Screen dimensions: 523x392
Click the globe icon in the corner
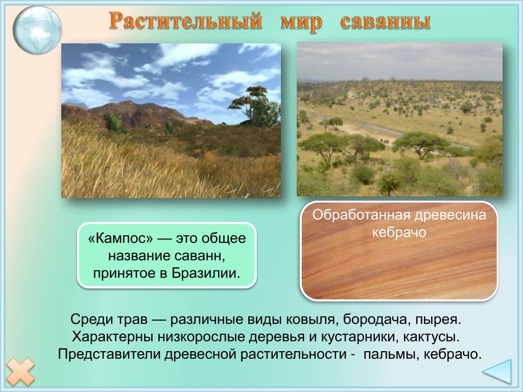tap(37, 30)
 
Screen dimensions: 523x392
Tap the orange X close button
tap(20, 372)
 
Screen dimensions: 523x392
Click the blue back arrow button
tap(497, 372)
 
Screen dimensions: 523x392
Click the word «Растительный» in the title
tap(185, 20)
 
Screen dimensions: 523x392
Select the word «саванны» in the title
tap(385, 21)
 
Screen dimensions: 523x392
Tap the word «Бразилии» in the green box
tap(206, 273)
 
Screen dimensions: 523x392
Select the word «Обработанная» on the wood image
tap(362, 215)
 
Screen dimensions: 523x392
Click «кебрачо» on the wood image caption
tap(399, 232)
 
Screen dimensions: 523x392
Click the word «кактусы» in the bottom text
tap(431, 337)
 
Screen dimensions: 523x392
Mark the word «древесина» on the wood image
tap(450, 215)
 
